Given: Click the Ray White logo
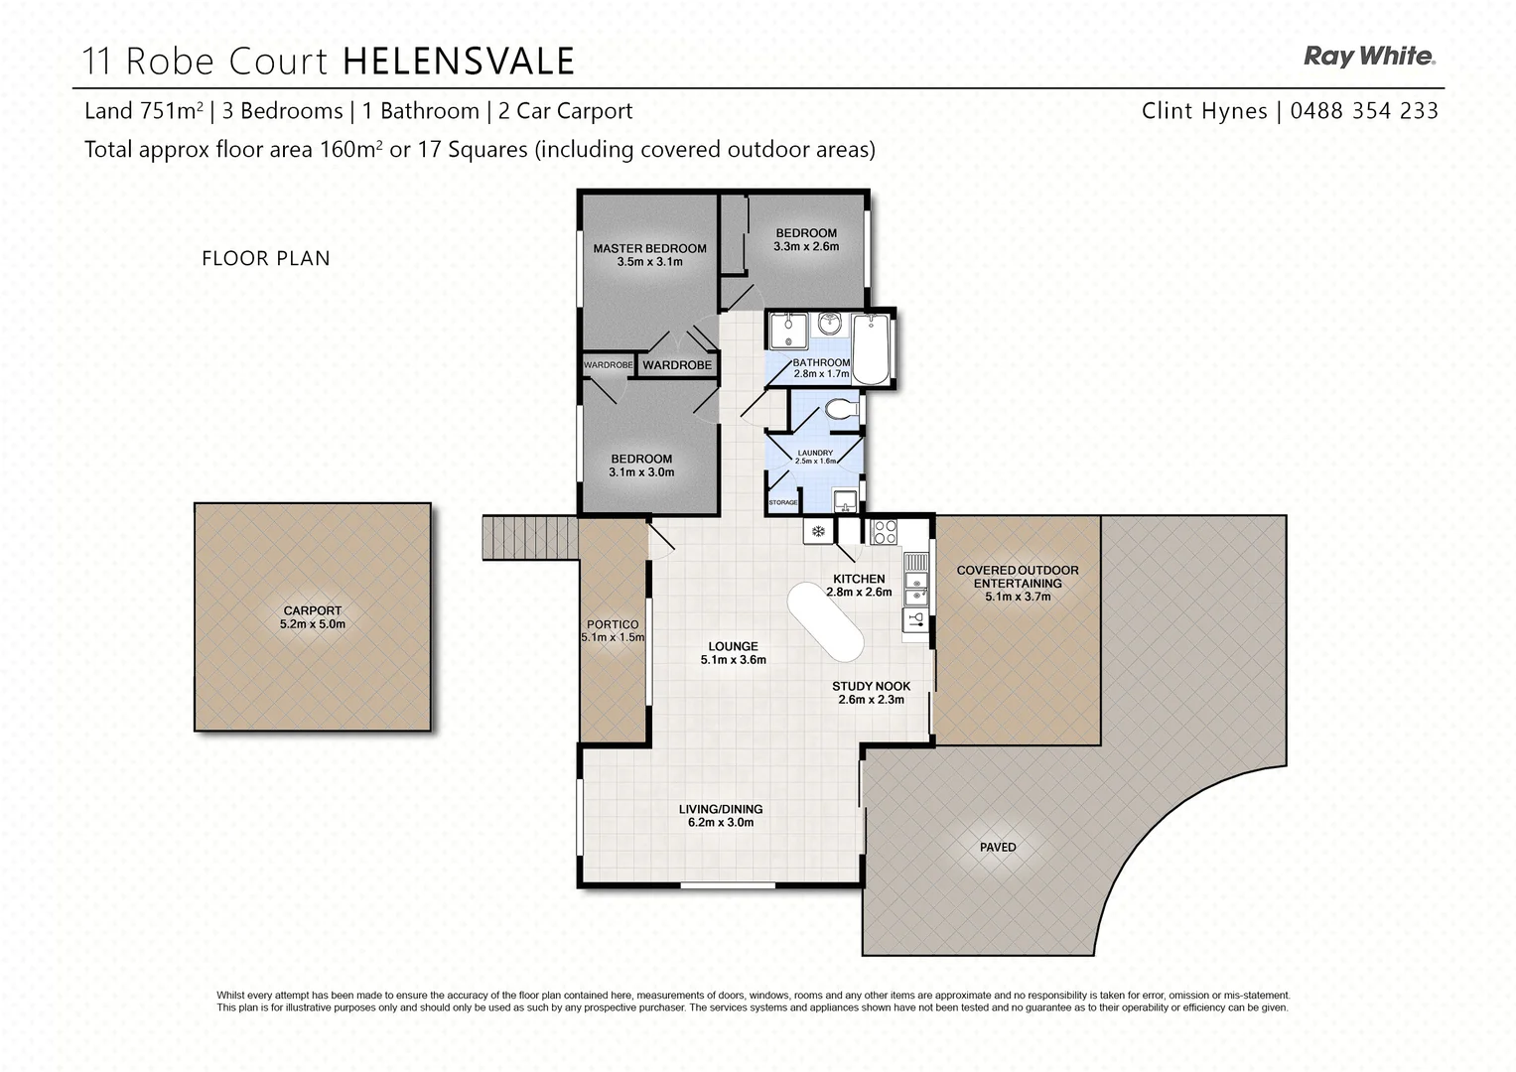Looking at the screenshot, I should point(1369,57).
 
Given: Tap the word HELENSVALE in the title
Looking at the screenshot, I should point(459,62).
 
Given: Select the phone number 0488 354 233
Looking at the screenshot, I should point(1364,111).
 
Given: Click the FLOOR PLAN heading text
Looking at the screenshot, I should point(266,258).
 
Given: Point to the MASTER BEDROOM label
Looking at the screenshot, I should point(649,249).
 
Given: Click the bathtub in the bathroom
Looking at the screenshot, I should point(873,348).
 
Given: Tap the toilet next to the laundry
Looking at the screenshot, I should point(843,408).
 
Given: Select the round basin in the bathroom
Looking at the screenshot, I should point(830,323).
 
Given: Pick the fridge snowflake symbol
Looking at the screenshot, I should point(819,532).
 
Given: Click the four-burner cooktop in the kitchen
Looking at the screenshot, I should point(884,532).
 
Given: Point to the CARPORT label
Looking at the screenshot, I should point(312,611).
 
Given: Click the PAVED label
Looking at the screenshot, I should point(998,847).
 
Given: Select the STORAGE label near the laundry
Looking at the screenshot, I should point(782,503).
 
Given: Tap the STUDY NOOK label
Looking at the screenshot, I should point(871,686).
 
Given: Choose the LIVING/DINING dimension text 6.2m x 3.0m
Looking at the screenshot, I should point(721,822).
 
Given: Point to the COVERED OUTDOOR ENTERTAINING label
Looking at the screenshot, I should point(1017,577).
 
